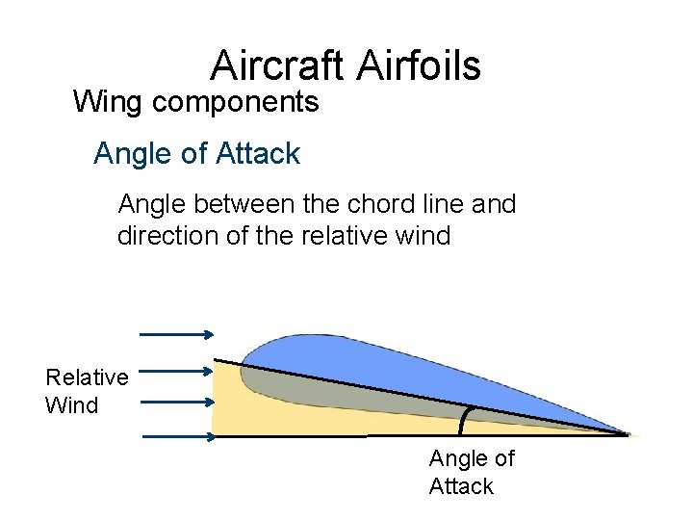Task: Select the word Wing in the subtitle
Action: click(103, 101)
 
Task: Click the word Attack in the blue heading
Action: click(260, 153)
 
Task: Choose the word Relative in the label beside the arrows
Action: click(87, 377)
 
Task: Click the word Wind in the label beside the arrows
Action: click(71, 404)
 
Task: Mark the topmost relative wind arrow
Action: click(177, 334)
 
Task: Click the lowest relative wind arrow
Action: click(180, 436)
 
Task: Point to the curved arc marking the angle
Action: click(465, 421)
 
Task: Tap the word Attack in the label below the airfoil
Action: click(461, 486)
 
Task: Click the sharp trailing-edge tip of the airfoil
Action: click(628, 434)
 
